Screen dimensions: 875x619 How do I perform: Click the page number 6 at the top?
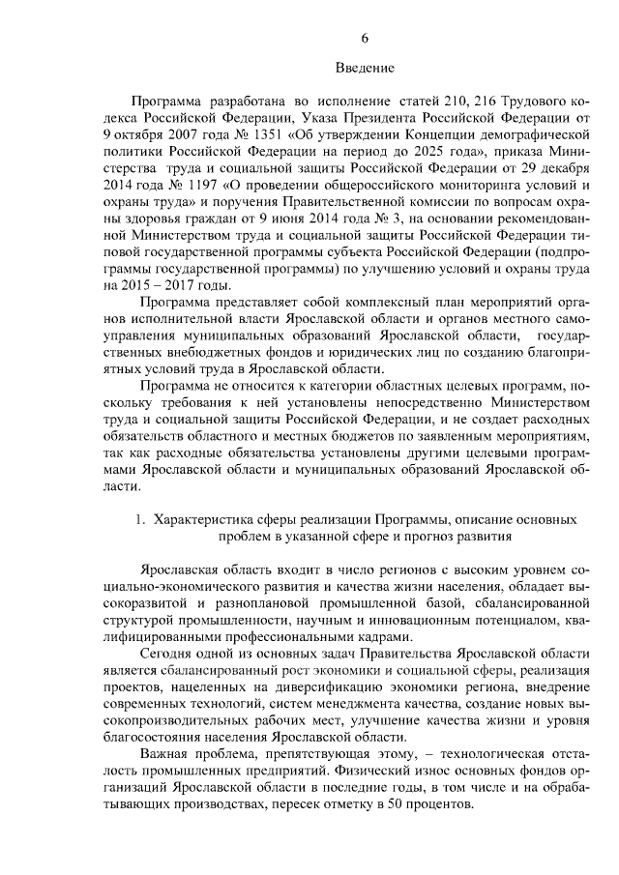click(365, 38)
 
